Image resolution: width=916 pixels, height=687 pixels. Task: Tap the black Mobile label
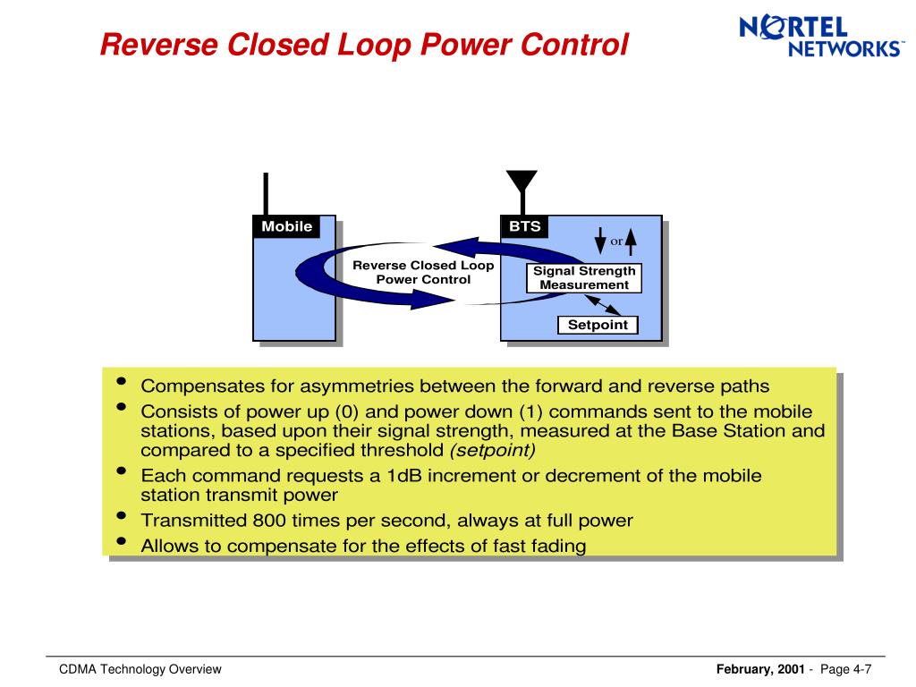[x=286, y=226]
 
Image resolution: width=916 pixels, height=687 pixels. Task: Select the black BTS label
[x=525, y=226]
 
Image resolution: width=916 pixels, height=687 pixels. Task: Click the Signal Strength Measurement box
[x=584, y=278]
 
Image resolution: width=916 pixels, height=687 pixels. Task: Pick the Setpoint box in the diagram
[x=598, y=325]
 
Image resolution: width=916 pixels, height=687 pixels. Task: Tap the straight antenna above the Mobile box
[x=266, y=194]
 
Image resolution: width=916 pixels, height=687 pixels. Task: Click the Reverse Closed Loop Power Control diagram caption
[x=423, y=272]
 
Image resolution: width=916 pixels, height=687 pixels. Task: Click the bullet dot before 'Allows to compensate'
[x=122, y=543]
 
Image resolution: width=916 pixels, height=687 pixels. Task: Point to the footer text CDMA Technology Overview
[x=140, y=670]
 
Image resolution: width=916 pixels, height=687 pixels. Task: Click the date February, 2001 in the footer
[x=760, y=670]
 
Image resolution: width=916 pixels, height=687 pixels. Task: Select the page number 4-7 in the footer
[x=862, y=670]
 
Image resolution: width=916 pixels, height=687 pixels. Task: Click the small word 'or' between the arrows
[x=615, y=242]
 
